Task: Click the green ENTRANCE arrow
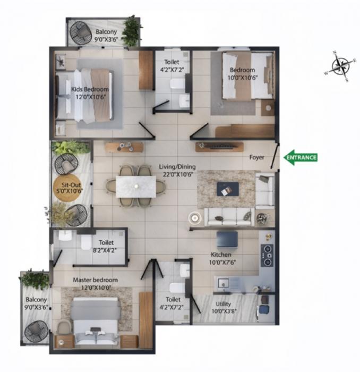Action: [301, 157]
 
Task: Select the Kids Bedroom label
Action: [90, 89]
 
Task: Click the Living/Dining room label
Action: [176, 167]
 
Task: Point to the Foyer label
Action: [257, 157]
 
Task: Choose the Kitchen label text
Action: [221, 255]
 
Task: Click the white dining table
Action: [136, 185]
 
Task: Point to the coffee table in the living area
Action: [227, 188]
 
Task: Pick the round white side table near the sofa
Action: [195, 217]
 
